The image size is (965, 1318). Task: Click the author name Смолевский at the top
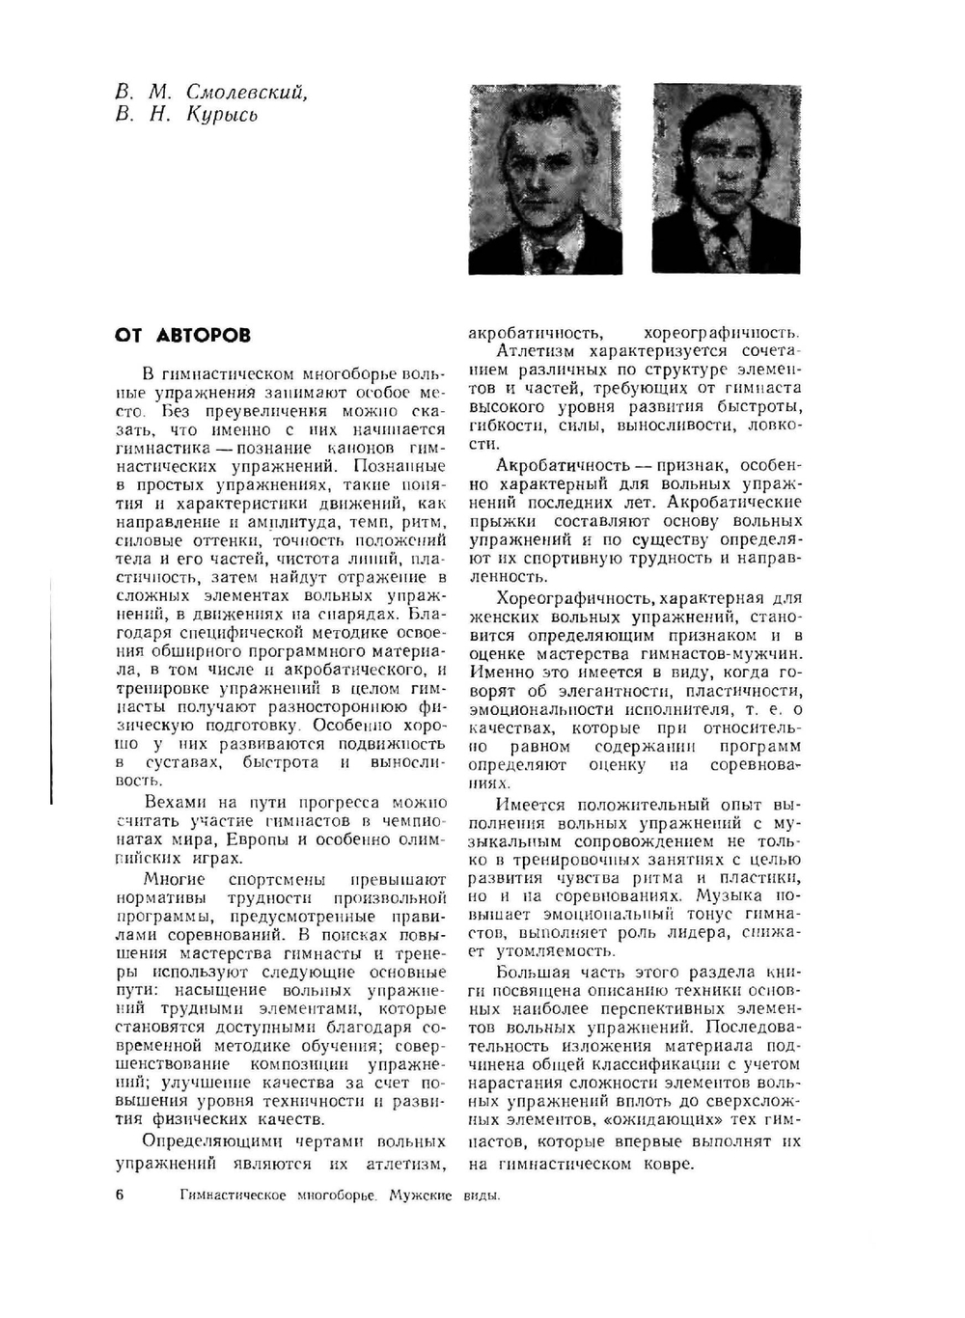(247, 93)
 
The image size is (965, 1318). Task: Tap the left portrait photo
(544, 178)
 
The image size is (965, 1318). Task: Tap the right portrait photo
(727, 178)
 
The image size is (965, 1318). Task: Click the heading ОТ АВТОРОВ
(182, 336)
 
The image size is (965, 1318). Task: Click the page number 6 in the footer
(120, 1195)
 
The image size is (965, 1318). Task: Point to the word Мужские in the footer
(421, 1195)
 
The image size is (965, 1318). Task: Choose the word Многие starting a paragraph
(174, 879)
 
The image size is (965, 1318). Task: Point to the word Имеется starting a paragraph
(531, 804)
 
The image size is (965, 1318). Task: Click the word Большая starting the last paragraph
(533, 972)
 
